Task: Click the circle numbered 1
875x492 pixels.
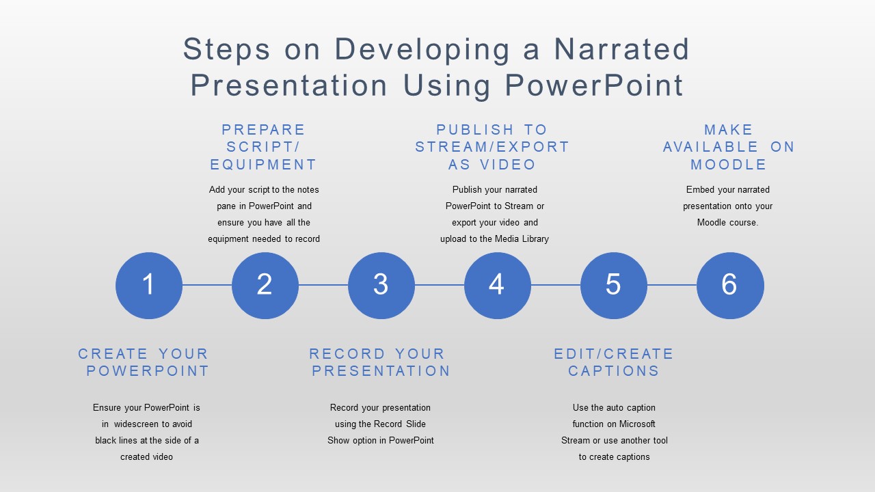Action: [149, 286]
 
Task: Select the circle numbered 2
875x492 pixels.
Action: [265, 286]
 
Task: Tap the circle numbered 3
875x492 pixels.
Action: [381, 286]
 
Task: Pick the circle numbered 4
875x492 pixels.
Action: [498, 286]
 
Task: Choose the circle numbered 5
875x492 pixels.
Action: [614, 286]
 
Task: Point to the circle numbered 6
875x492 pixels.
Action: [730, 286]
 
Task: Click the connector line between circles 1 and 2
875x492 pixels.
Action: [207, 285]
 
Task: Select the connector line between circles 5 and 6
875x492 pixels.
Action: [672, 285]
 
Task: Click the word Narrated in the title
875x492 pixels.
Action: [621, 49]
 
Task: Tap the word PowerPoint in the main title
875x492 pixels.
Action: [594, 85]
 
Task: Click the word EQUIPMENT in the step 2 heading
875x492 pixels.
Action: [263, 165]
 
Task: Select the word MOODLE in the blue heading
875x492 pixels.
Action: [728, 165]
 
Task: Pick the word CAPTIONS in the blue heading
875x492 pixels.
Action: [614, 370]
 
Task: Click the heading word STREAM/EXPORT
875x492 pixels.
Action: [492, 147]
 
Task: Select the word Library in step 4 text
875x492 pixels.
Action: [535, 239]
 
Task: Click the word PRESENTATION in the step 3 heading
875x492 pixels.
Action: [381, 370]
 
